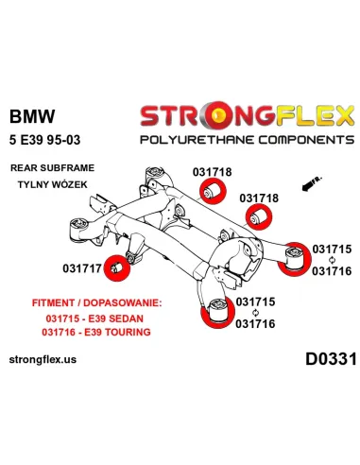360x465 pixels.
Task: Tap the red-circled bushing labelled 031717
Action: [117, 267]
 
